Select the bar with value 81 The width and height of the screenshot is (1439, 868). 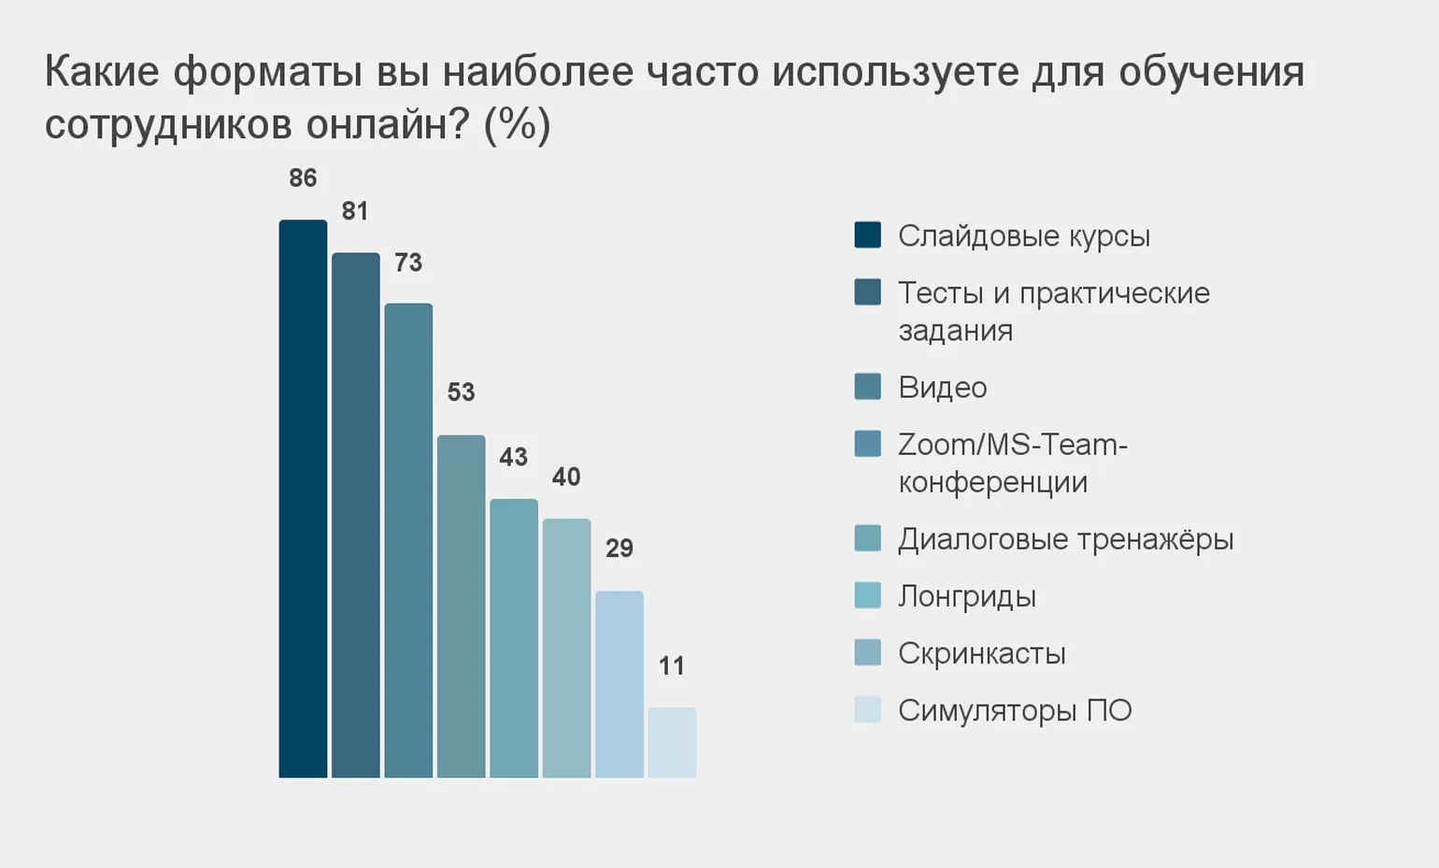(356, 515)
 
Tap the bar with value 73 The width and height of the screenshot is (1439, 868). (408, 540)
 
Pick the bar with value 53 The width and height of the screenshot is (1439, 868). (462, 605)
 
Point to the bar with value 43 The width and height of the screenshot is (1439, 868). (514, 637)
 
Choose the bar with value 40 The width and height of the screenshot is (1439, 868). (566, 647)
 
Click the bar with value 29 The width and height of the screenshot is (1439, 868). (620, 684)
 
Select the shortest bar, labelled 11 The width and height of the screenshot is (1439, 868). (672, 742)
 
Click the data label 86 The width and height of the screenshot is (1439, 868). (303, 178)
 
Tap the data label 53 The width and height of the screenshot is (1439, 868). (461, 392)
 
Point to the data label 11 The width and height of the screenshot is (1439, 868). (672, 666)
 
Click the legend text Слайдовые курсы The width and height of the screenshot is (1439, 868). (1023, 236)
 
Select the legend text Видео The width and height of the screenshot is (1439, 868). (942, 388)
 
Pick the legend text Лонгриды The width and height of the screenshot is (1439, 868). (967, 596)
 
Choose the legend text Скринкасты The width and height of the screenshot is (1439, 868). (981, 653)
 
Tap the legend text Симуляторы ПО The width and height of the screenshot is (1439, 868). (1015, 711)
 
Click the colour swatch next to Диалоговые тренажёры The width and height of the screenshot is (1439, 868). (867, 538)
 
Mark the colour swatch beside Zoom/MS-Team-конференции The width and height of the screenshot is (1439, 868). (867, 443)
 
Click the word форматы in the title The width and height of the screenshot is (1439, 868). (267, 73)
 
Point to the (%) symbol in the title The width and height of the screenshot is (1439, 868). (517, 125)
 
